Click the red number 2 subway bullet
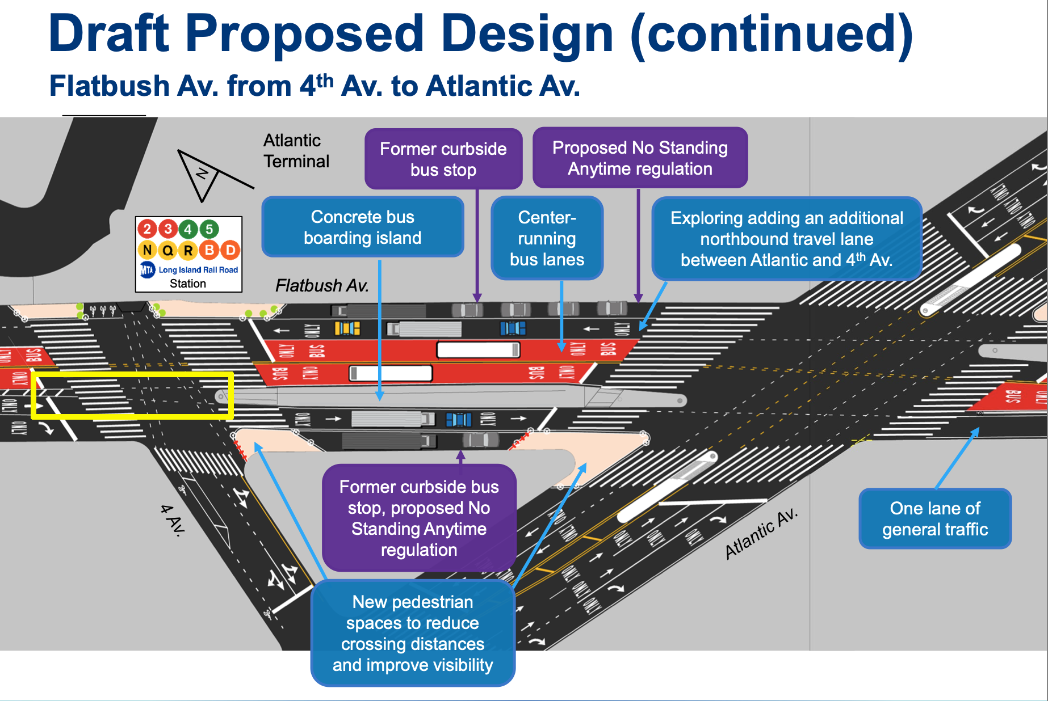click(x=147, y=229)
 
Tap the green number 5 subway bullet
click(x=209, y=229)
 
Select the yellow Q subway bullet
click(x=167, y=250)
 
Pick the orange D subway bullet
click(x=230, y=250)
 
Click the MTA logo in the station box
click(x=148, y=270)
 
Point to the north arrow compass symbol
click(x=204, y=174)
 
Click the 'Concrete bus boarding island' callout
click(x=362, y=227)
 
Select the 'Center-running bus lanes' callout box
click(x=547, y=238)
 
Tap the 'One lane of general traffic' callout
click(x=935, y=518)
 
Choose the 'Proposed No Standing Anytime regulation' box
click(x=640, y=158)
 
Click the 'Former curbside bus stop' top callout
click(x=443, y=159)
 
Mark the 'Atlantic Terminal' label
click(x=296, y=151)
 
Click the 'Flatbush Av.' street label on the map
click(x=322, y=285)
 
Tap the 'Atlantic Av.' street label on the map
click(x=761, y=534)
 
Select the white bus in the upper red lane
click(x=477, y=349)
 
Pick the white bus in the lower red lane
click(x=390, y=373)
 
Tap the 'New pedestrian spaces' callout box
click(x=413, y=633)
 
